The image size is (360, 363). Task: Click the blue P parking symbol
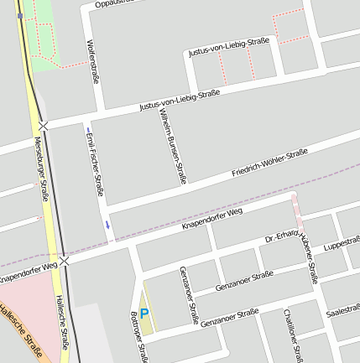click(x=143, y=314)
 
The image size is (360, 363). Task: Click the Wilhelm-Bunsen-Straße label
click(x=172, y=145)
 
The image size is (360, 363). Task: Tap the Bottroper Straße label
click(x=135, y=340)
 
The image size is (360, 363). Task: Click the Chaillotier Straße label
click(x=293, y=334)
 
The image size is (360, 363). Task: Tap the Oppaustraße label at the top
click(x=113, y=3)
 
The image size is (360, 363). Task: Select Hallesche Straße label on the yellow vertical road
click(x=61, y=321)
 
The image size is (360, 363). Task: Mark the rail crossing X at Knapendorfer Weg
click(x=64, y=262)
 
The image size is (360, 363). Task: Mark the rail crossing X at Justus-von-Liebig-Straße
click(x=43, y=125)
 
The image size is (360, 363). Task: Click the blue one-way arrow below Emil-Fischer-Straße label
click(x=107, y=224)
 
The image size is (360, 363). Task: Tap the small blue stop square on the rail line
click(x=19, y=15)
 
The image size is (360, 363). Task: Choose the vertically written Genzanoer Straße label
click(x=189, y=295)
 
